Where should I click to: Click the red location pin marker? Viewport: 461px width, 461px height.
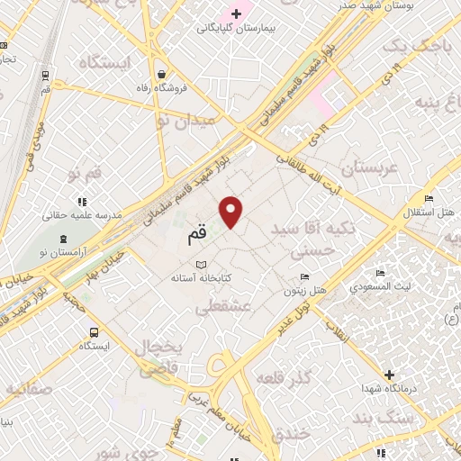pyautogui.click(x=232, y=211)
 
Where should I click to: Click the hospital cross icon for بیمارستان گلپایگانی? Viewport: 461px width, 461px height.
pyautogui.click(x=237, y=14)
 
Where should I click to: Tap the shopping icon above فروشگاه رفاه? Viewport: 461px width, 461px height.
pyautogui.click(x=160, y=74)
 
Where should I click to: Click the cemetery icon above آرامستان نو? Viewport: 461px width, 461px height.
pyautogui.click(x=62, y=238)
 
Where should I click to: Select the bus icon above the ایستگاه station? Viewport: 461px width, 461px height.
pyautogui.click(x=94, y=330)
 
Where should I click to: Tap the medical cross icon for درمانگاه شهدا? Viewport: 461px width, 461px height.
pyautogui.click(x=389, y=374)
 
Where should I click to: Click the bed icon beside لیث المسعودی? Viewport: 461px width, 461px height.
pyautogui.click(x=381, y=272)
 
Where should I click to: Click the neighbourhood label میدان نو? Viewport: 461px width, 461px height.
pyautogui.click(x=185, y=120)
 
